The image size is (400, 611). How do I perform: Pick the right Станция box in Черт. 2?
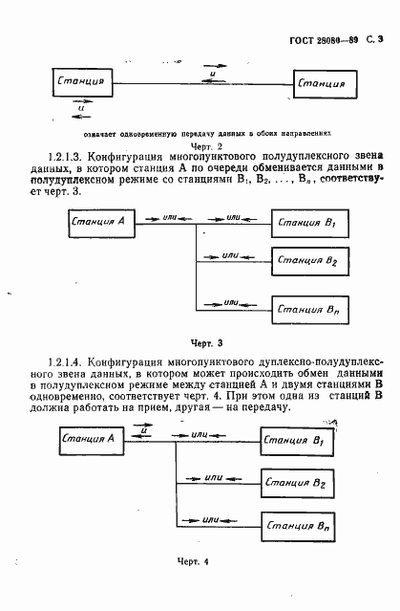pyautogui.click(x=321, y=84)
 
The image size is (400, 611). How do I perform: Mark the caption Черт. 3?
pyautogui.click(x=205, y=341)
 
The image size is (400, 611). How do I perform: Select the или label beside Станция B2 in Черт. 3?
pyautogui.click(x=230, y=255)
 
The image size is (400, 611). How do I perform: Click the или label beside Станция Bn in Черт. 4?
pyautogui.click(x=213, y=519)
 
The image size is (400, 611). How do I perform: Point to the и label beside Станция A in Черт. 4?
pyautogui.click(x=143, y=431)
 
